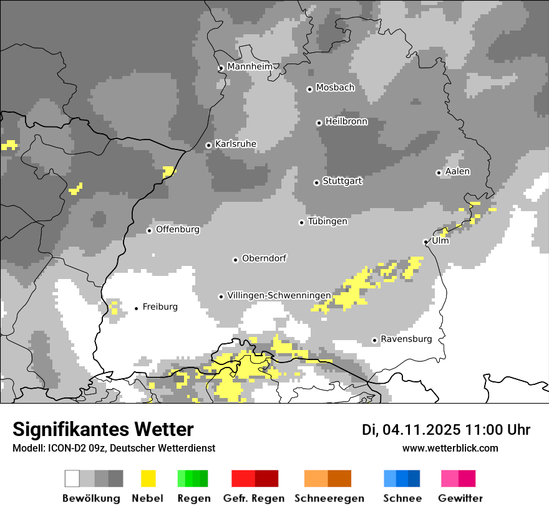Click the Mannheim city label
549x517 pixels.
pyautogui.click(x=251, y=67)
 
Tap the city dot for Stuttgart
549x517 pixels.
pyautogui.click(x=316, y=183)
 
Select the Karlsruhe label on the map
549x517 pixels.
pyautogui.click(x=235, y=144)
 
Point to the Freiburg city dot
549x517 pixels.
pyautogui.click(x=137, y=308)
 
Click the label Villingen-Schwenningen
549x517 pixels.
pyautogui.click(x=279, y=295)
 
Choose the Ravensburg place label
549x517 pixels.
pyautogui.click(x=406, y=339)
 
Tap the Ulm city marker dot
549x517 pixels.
pyautogui.click(x=425, y=242)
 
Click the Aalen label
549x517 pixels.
pyautogui.click(x=457, y=171)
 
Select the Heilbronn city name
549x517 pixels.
pyautogui.click(x=346, y=121)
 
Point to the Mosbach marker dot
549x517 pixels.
pyautogui.click(x=309, y=89)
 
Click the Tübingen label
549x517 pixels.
pyautogui.click(x=328, y=221)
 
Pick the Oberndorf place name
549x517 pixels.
pyautogui.click(x=264, y=258)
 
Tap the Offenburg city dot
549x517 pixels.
pyautogui.click(x=149, y=230)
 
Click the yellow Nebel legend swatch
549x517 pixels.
pyautogui.click(x=148, y=478)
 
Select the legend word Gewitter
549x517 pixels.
pyautogui.click(x=460, y=498)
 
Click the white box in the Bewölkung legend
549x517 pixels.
pyautogui.click(x=72, y=478)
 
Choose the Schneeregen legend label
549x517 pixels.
pyautogui.click(x=329, y=498)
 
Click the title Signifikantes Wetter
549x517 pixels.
pyautogui.click(x=103, y=430)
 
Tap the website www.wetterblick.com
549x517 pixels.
pyautogui.click(x=450, y=448)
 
